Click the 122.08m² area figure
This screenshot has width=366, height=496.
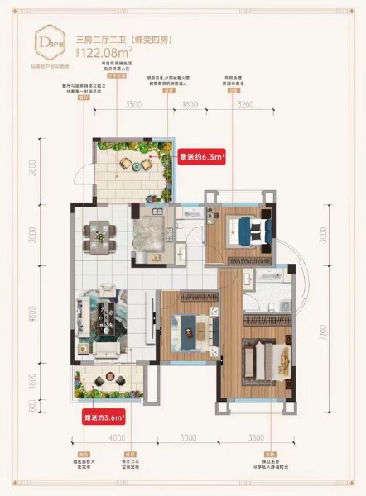pos(103,50)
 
